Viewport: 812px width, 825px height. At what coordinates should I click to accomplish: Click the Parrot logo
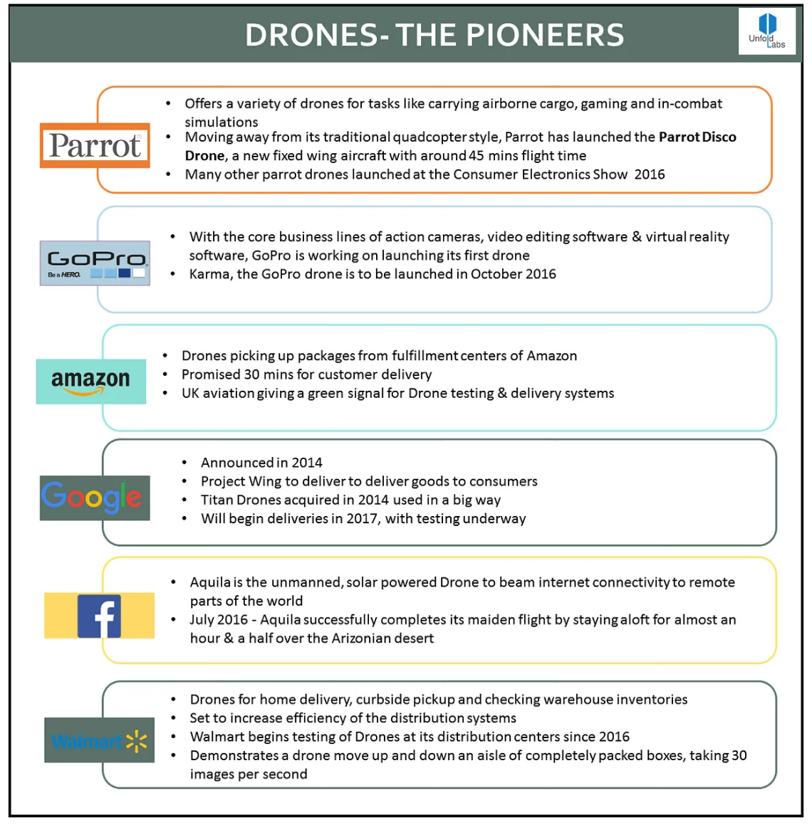pyautogui.click(x=95, y=146)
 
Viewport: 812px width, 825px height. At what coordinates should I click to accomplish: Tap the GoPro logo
pyautogui.click(x=95, y=263)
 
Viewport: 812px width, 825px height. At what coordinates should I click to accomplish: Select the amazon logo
pyautogui.click(x=90, y=382)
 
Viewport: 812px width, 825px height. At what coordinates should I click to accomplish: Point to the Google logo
pyautogui.click(x=94, y=498)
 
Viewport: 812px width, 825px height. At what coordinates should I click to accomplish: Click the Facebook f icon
pyautogui.click(x=99, y=616)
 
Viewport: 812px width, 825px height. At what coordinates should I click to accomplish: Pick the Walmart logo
pyautogui.click(x=99, y=740)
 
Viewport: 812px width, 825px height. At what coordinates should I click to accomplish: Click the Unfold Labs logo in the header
pyautogui.click(x=767, y=31)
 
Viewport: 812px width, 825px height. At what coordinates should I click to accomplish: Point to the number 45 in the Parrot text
pyautogui.click(x=477, y=155)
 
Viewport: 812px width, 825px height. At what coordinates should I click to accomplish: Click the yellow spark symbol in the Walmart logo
pyautogui.click(x=137, y=742)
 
